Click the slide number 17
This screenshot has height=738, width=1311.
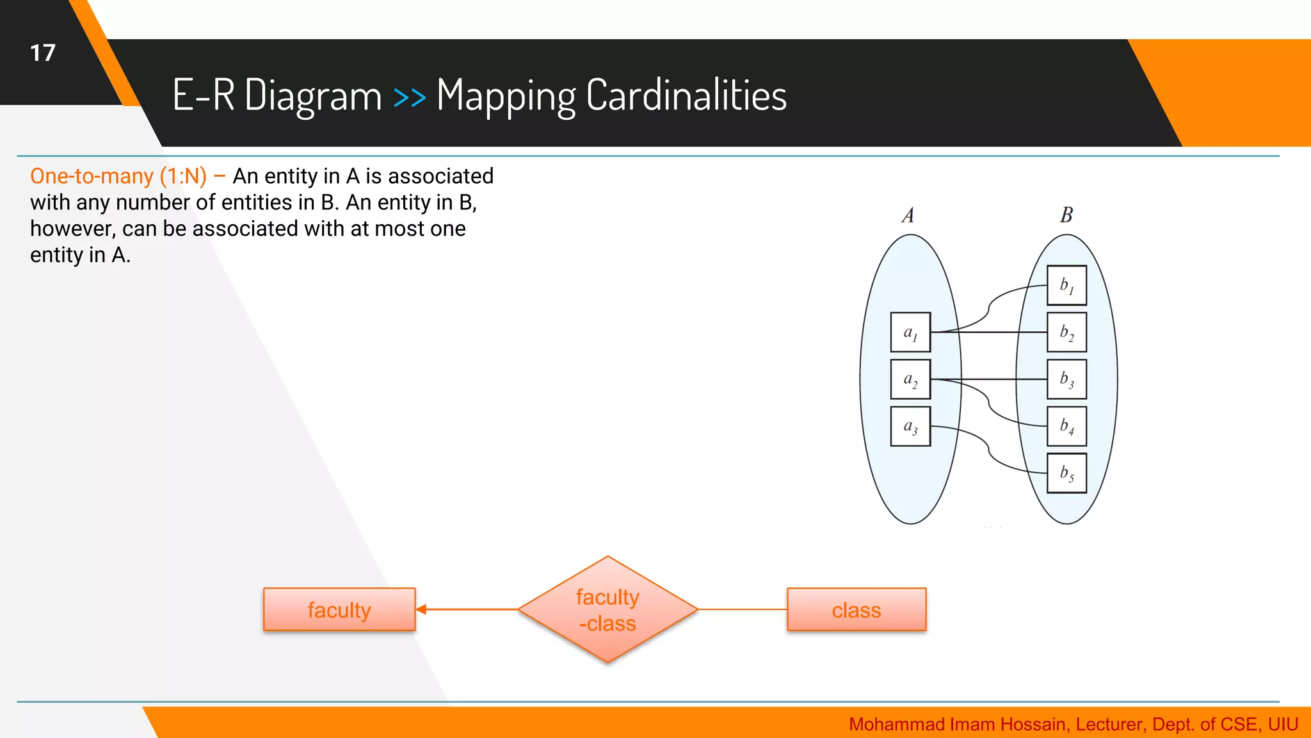(x=43, y=53)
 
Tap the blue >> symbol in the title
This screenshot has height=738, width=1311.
(x=409, y=97)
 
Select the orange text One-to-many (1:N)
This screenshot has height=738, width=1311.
(x=118, y=176)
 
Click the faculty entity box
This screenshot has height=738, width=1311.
(x=339, y=610)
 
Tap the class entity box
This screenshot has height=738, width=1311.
(x=856, y=610)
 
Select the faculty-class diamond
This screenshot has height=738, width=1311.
(x=607, y=610)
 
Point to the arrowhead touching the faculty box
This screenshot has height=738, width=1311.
(x=422, y=609)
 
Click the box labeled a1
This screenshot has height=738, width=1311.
(x=910, y=332)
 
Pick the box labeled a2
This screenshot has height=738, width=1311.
(x=910, y=379)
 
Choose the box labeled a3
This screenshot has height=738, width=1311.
(x=910, y=426)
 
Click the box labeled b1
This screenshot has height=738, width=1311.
(x=1066, y=285)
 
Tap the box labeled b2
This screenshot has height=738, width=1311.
(x=1066, y=332)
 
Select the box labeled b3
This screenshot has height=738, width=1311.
(x=1066, y=379)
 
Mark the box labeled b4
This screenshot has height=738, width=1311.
(x=1066, y=426)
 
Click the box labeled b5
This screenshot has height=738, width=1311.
(x=1066, y=473)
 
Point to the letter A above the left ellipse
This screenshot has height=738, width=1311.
(x=908, y=215)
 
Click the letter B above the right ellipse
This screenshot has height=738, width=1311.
(x=1066, y=215)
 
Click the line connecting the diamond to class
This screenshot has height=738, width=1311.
(x=743, y=609)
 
